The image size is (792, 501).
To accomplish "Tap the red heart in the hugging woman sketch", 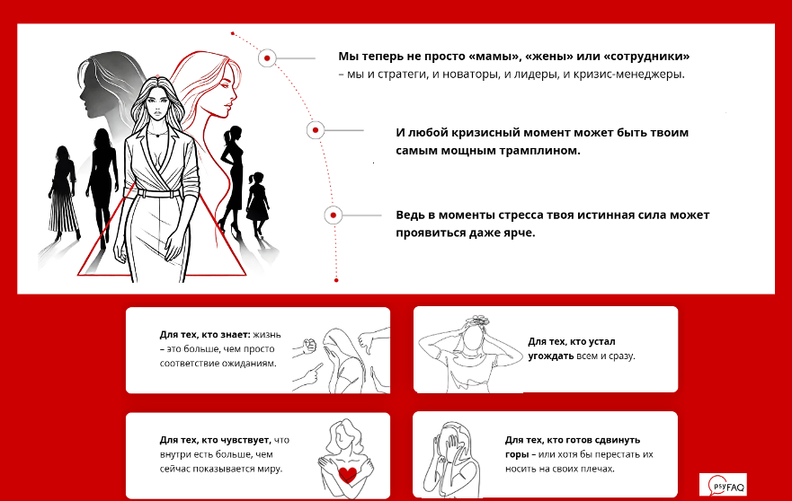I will (x=345, y=471).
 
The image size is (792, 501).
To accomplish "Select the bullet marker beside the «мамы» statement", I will (x=266, y=58).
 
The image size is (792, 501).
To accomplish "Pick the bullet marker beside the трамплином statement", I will (x=315, y=130).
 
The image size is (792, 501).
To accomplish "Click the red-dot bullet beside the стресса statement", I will (x=334, y=215).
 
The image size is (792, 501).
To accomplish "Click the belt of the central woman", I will (x=159, y=192).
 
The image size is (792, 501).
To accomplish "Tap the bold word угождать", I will (x=548, y=356).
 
